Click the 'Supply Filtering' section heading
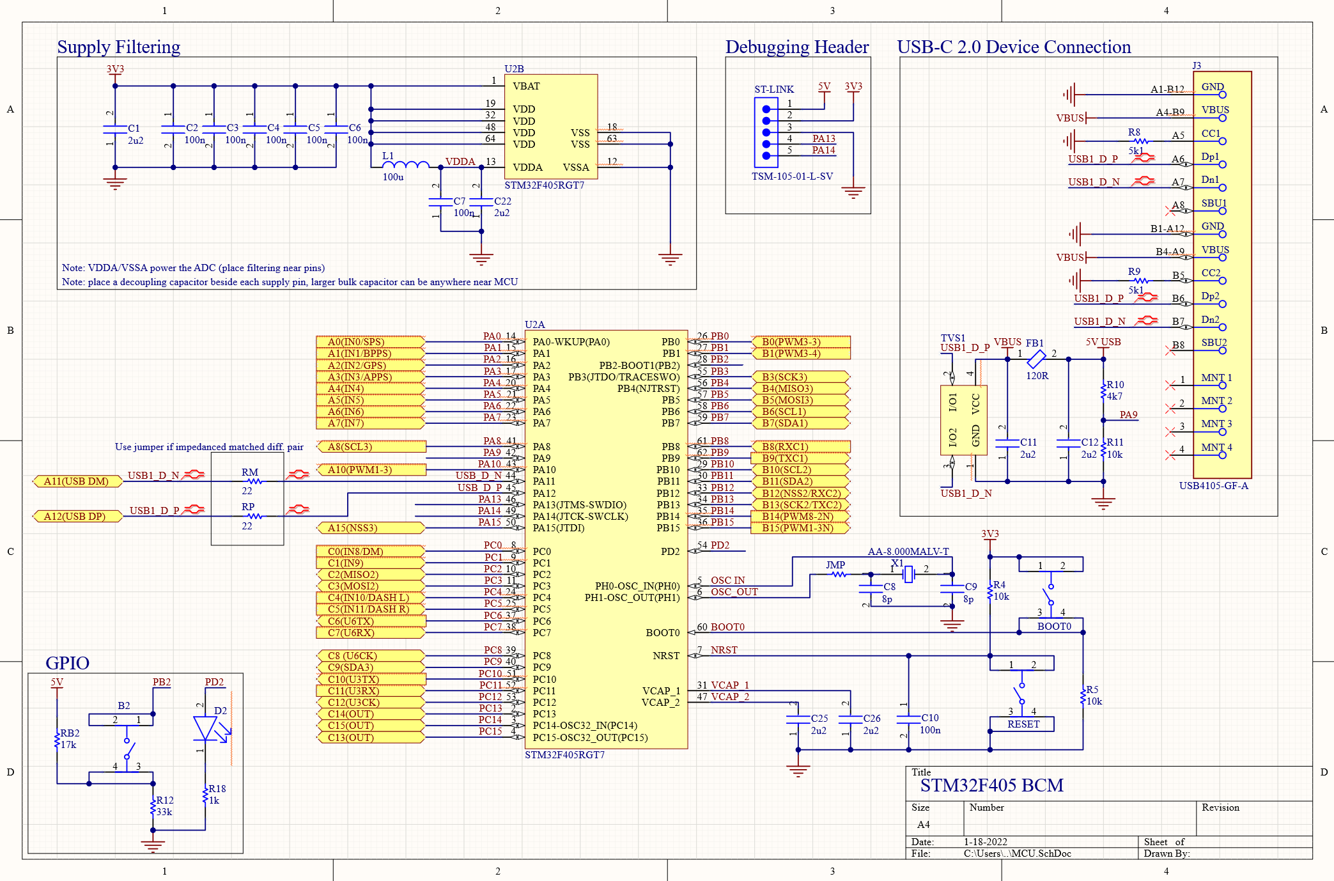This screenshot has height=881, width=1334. pos(118,47)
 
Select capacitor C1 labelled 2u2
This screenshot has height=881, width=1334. pos(115,129)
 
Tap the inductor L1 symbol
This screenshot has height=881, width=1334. pos(405,165)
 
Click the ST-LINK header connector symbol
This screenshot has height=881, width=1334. pos(766,132)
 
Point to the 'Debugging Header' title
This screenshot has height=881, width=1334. pos(796,47)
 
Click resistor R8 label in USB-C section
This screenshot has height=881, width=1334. pos(1134,132)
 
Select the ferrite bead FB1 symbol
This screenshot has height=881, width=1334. pos(1035,359)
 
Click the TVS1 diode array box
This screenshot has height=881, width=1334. pos(963,420)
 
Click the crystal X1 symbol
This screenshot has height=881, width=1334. pos(909,575)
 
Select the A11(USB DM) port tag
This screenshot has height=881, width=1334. pos(77,481)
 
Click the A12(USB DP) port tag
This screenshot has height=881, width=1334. pos(77,517)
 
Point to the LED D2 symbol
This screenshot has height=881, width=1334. pos(205,728)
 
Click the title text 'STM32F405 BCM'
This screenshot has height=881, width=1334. pos(991,785)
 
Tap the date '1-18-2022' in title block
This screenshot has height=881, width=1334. pos(985,842)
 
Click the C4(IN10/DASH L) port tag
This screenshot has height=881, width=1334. pos(369,598)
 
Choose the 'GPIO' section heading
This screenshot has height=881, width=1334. pos(67,663)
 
